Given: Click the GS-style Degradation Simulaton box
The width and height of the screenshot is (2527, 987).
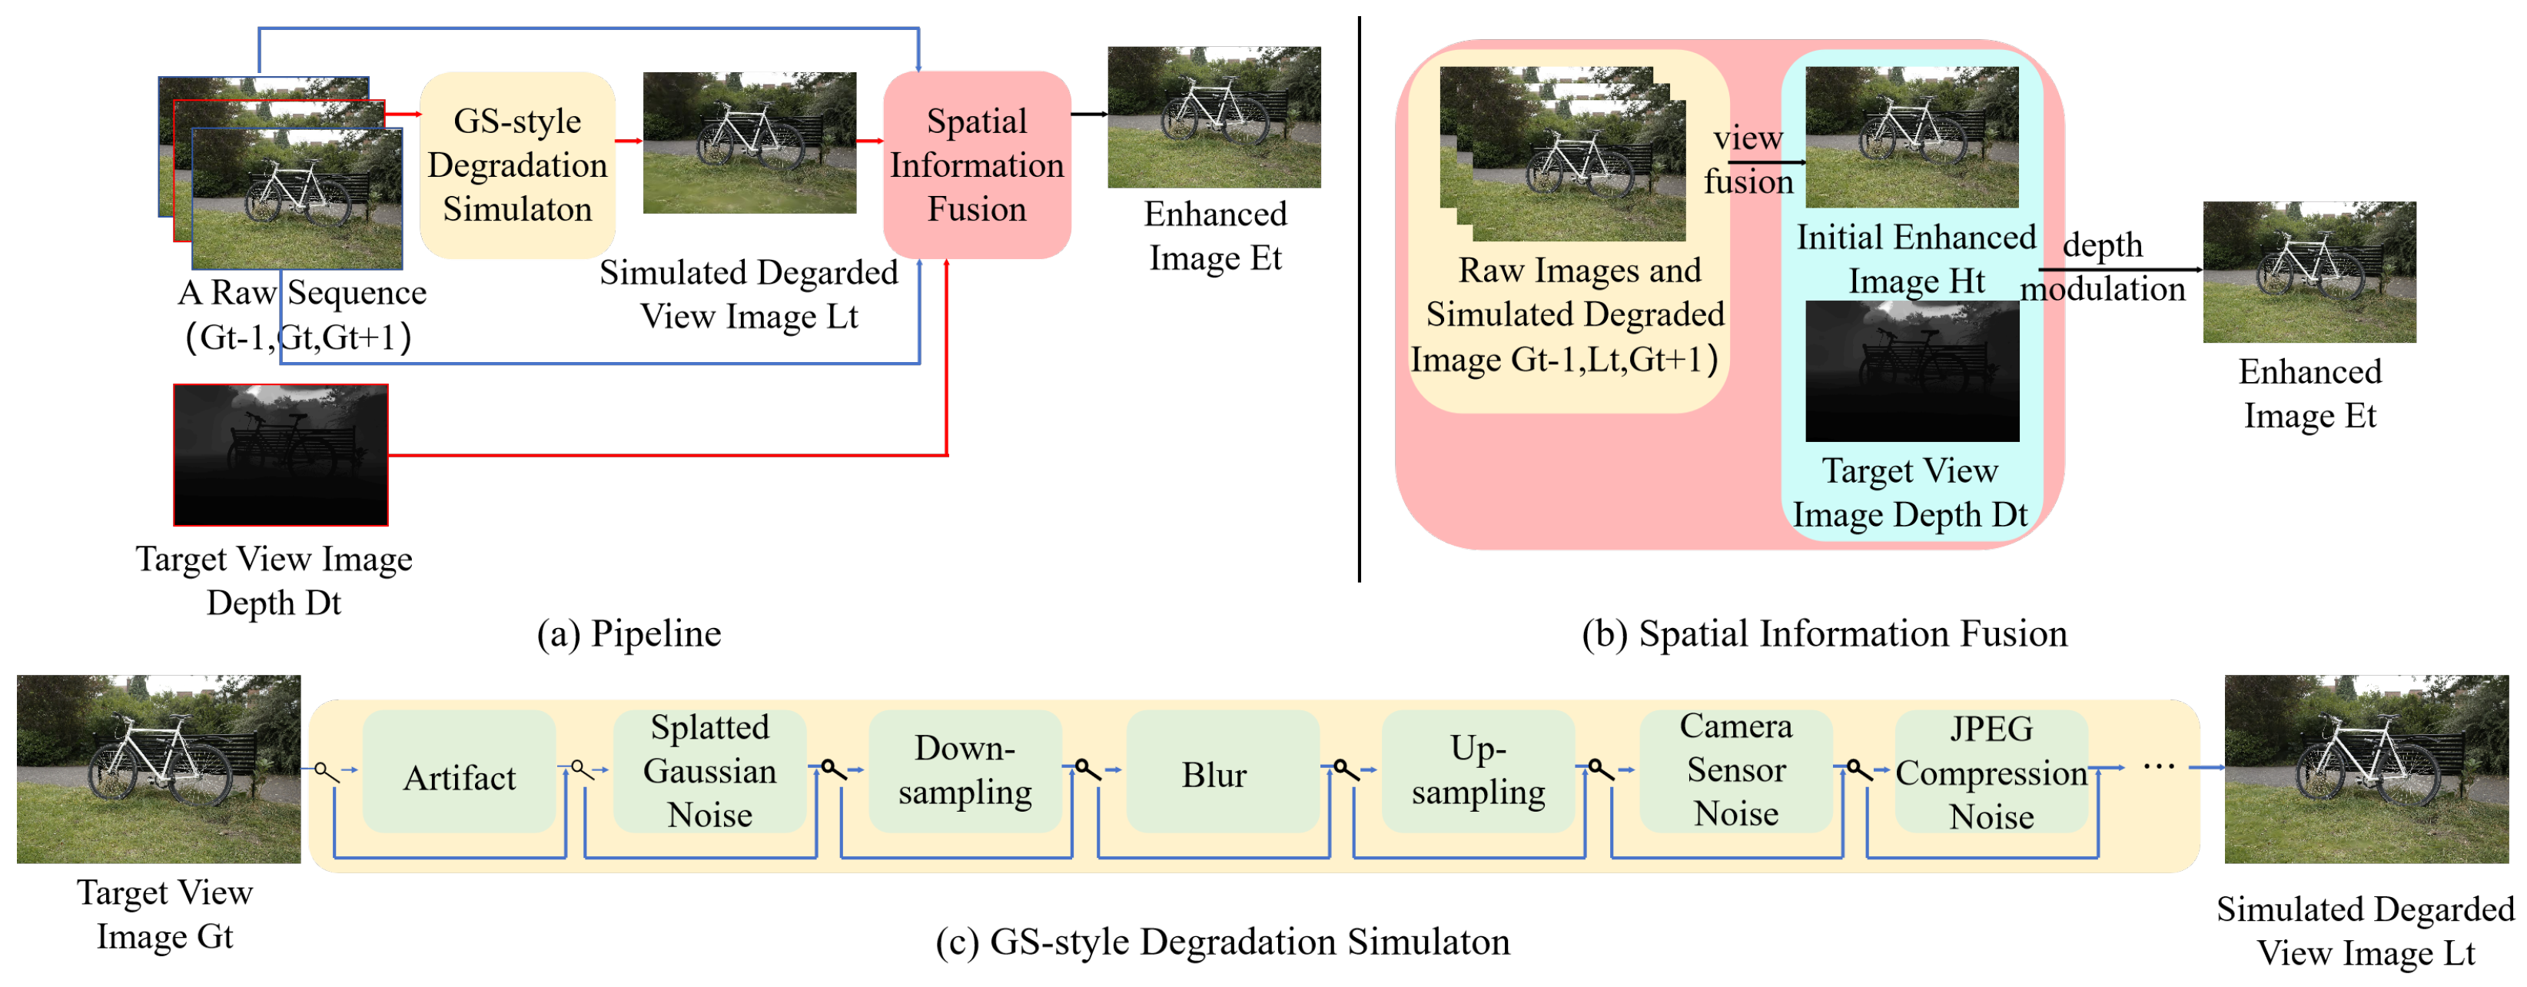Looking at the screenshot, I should (x=517, y=164).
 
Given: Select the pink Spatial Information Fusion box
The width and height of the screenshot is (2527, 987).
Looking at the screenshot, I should (x=976, y=164).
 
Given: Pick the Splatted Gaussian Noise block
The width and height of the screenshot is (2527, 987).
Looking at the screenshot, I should (x=709, y=771).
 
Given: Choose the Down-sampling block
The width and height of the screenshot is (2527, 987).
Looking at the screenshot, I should (x=965, y=771).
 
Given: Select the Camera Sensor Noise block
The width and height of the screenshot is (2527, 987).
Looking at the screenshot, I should (x=1735, y=770).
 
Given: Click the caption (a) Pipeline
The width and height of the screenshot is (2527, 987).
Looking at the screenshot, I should (x=629, y=634).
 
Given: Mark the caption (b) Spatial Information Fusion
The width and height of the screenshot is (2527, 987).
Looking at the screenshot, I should (x=1824, y=634).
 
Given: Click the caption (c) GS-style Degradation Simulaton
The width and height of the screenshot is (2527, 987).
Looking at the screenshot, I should (x=1222, y=942).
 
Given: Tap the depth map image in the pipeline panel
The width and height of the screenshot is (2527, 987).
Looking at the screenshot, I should (x=281, y=455).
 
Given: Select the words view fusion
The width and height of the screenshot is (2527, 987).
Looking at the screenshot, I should (x=1748, y=160).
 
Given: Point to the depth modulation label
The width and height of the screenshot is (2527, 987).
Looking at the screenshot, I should (x=2102, y=267).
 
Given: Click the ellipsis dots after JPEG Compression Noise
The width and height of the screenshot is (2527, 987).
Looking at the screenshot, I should (x=2158, y=766).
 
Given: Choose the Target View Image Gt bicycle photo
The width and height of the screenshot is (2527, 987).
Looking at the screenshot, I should (x=159, y=769).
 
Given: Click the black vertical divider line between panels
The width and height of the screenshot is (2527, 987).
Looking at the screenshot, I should (x=1359, y=294).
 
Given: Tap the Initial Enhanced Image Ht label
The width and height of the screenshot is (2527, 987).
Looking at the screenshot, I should (x=1916, y=259).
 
